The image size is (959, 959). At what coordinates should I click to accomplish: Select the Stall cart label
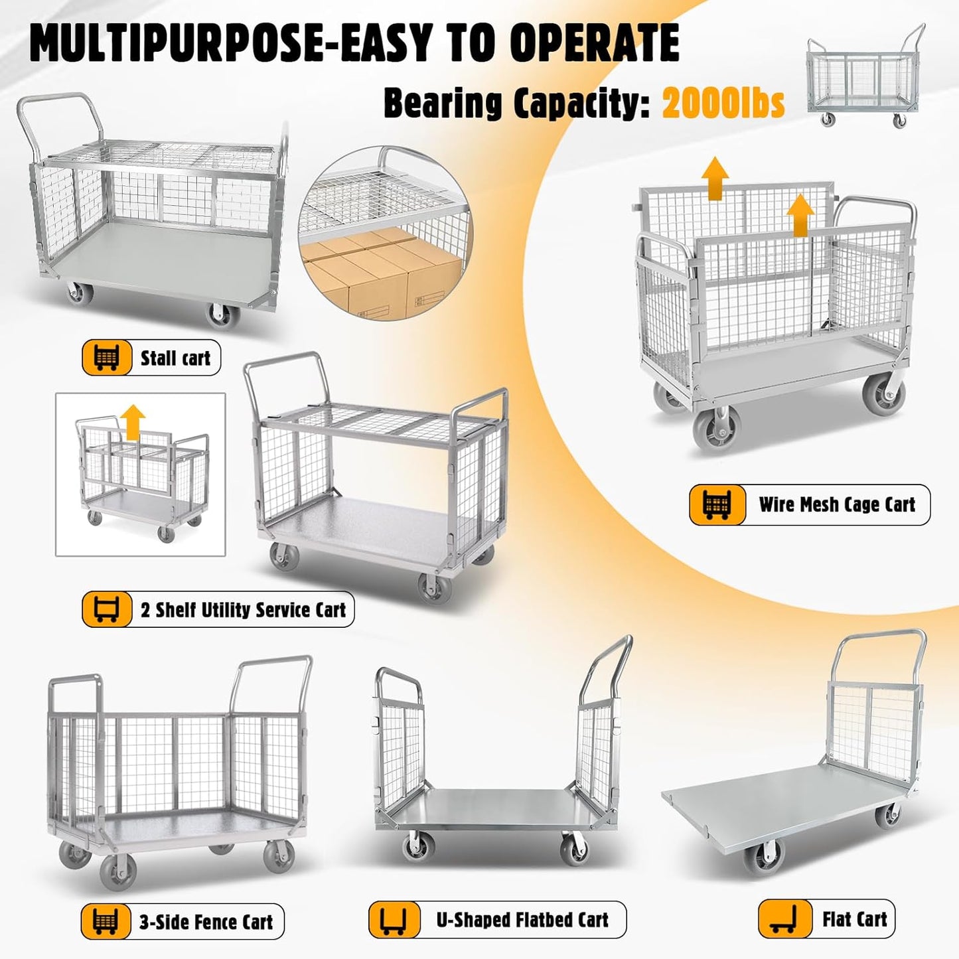click(x=175, y=358)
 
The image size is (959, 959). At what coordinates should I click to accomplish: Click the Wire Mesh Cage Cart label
click(x=837, y=504)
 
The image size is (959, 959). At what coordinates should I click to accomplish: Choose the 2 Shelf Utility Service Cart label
click(x=243, y=610)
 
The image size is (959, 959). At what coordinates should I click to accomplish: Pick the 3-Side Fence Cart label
click(x=206, y=922)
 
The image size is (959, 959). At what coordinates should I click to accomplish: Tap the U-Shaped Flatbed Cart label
click(x=522, y=920)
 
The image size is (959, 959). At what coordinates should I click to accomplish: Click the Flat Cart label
click(x=854, y=919)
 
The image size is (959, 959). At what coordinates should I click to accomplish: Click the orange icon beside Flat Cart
click(x=784, y=920)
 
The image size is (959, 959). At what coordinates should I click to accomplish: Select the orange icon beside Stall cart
click(x=107, y=358)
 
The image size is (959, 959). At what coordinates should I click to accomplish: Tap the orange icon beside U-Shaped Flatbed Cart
click(x=394, y=921)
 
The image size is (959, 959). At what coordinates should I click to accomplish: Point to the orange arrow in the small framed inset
click(x=134, y=421)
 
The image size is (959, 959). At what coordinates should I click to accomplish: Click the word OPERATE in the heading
click(x=595, y=44)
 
